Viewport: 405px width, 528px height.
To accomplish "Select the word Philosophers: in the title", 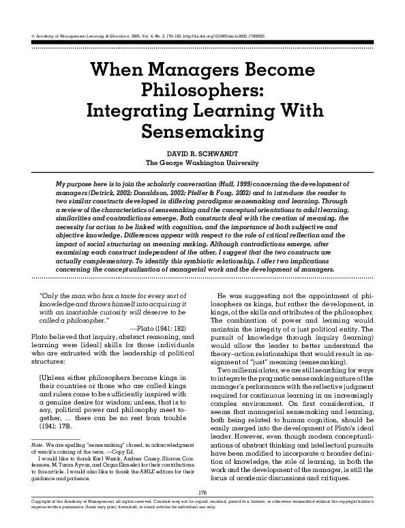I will click(202, 90).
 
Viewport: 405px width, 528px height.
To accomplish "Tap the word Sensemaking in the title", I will click(202, 130).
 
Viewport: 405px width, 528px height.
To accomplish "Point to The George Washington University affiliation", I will click(202, 163).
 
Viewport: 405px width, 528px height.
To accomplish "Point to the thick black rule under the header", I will click(202, 42).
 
